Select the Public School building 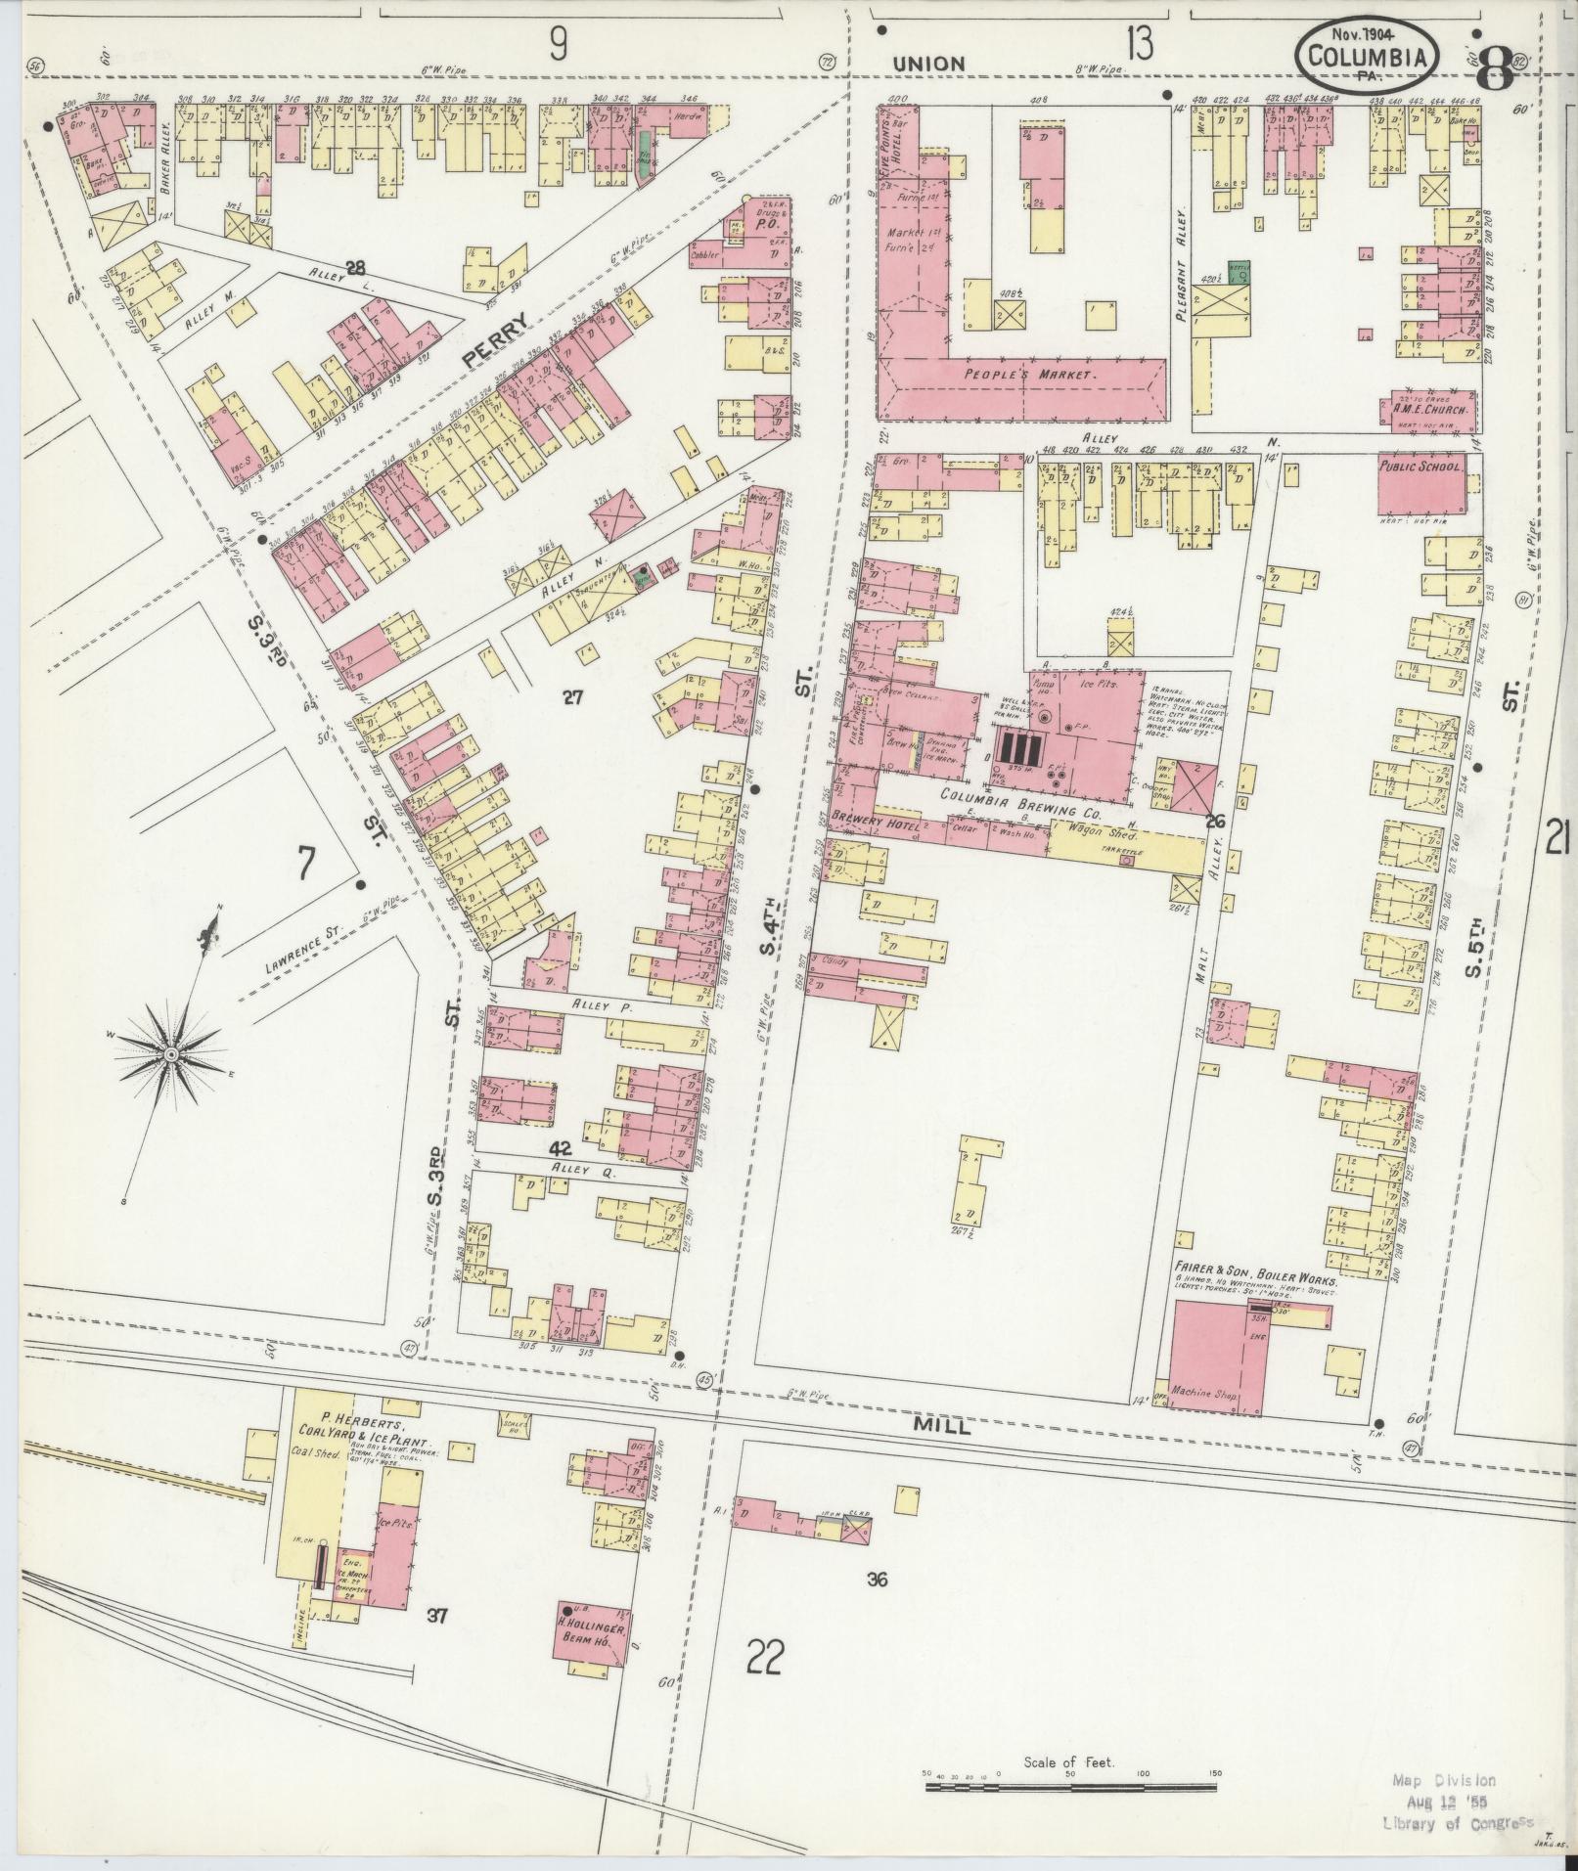click(1422, 483)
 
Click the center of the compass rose click(170, 1053)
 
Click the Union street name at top click(928, 64)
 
